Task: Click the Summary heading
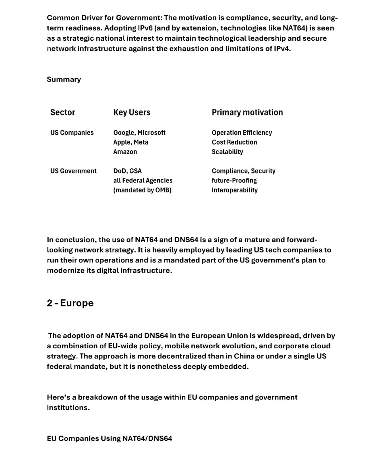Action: click(x=64, y=79)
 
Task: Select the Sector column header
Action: click(x=63, y=112)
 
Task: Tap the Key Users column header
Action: click(x=132, y=112)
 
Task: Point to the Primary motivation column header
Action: click(x=247, y=112)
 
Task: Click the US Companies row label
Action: click(x=72, y=133)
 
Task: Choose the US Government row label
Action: click(x=73, y=171)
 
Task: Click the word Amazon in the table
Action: click(x=125, y=152)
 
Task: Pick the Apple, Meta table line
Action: click(x=131, y=142)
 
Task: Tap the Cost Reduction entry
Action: click(x=234, y=142)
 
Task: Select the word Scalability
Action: click(x=227, y=152)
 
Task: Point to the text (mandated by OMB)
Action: click(x=142, y=190)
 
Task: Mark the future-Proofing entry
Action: click(x=234, y=181)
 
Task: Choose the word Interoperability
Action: click(x=234, y=190)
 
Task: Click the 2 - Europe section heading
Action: click(x=70, y=303)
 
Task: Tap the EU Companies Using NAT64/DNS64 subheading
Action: click(x=109, y=438)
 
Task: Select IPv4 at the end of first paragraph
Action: click(x=282, y=49)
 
